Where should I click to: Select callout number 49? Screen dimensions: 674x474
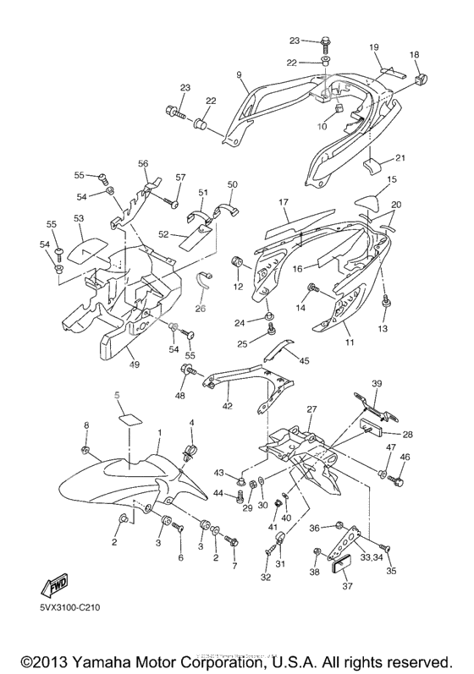tap(134, 364)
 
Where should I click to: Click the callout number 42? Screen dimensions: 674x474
tap(227, 407)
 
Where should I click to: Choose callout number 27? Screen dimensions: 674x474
tap(311, 409)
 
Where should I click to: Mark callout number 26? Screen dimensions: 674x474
tap(201, 308)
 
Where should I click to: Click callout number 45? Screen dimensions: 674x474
tap(305, 361)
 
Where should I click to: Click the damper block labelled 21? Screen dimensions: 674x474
tap(373, 162)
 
